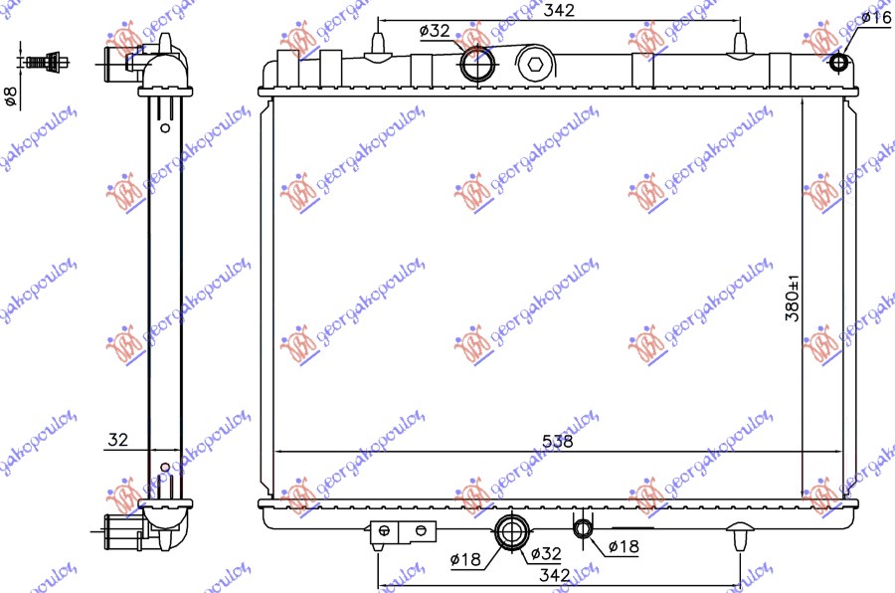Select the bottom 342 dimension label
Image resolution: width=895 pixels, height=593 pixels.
click(x=555, y=574)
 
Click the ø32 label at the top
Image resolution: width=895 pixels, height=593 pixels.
click(x=436, y=31)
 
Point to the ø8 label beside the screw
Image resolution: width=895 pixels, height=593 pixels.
click(x=12, y=97)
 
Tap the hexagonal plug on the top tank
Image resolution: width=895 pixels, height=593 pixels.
click(x=535, y=66)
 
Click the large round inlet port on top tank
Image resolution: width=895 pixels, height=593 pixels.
click(x=477, y=65)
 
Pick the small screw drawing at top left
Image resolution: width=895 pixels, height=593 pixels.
click(x=43, y=63)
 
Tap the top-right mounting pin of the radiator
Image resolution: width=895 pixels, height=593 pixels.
click(x=739, y=45)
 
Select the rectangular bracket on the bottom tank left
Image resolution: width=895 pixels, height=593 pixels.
click(x=403, y=531)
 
